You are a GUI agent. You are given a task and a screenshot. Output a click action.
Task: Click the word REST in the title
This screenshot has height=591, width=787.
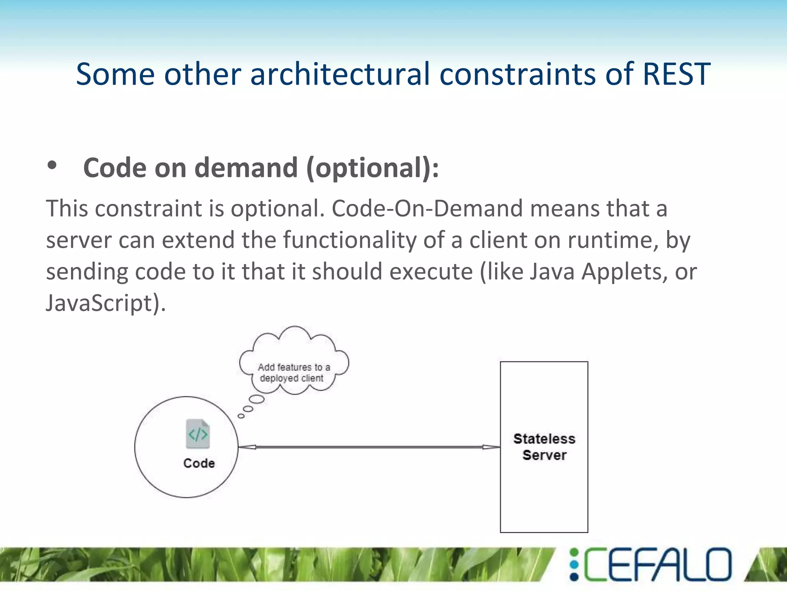[x=676, y=74]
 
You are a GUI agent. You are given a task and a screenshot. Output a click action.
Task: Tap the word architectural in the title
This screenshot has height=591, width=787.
[x=340, y=74]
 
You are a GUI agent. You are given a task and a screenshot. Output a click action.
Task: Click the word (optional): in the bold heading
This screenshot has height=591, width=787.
[x=372, y=168]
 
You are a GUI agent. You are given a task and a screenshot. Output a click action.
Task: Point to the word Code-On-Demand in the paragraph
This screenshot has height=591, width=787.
[x=427, y=208]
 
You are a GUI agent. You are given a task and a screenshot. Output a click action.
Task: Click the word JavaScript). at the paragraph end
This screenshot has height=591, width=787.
[x=106, y=303]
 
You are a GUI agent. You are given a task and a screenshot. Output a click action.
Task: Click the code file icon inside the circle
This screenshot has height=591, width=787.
[x=198, y=434]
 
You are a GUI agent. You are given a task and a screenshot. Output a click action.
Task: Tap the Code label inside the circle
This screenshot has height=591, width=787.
[x=199, y=463]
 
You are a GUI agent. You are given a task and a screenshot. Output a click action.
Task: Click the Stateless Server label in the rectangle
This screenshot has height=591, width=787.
[x=544, y=447]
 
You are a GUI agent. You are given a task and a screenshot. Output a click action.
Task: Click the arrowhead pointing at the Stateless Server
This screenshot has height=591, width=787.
[x=492, y=447]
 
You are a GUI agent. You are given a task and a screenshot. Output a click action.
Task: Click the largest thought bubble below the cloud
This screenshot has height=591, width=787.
[x=257, y=399]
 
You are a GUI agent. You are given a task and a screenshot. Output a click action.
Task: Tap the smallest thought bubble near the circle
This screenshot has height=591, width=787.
[x=241, y=416]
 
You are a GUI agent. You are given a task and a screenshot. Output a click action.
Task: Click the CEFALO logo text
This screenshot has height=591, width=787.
[x=657, y=564]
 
